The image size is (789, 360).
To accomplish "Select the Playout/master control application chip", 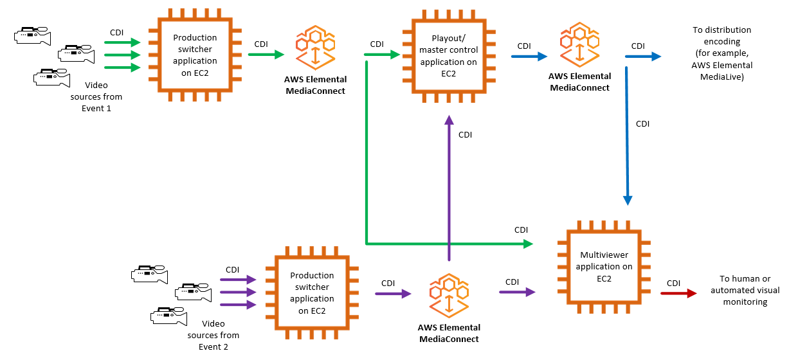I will (448, 56).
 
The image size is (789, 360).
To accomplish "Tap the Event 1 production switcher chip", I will (195, 55).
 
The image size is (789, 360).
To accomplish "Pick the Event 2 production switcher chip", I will (312, 293).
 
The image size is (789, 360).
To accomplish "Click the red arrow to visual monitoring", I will (678, 294).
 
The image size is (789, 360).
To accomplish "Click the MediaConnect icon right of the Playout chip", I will (579, 46).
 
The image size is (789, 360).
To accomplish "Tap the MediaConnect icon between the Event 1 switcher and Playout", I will (315, 48).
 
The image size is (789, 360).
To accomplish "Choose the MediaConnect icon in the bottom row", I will (449, 295).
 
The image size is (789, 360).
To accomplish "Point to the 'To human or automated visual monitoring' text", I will (745, 290).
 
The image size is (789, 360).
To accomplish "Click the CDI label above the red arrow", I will (673, 283).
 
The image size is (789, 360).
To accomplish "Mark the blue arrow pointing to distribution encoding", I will (642, 57).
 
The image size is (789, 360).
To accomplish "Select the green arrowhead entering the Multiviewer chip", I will (528, 244).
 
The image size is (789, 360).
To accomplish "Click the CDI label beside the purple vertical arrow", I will (465, 135).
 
